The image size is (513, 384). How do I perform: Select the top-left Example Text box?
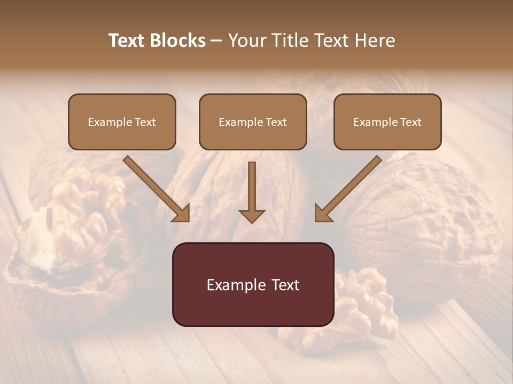click(122, 122)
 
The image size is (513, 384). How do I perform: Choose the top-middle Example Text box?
click(253, 122)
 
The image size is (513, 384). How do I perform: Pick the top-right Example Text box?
click(387, 122)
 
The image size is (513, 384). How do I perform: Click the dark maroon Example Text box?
click(253, 284)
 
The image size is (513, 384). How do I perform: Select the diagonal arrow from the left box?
click(155, 187)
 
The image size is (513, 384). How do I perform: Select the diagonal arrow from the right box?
click(349, 187)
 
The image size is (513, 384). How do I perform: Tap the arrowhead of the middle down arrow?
click(252, 215)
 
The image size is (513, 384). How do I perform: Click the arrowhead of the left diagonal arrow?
click(182, 214)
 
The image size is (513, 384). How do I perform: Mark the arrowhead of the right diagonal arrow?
click(323, 214)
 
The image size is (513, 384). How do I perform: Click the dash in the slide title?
click(216, 41)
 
